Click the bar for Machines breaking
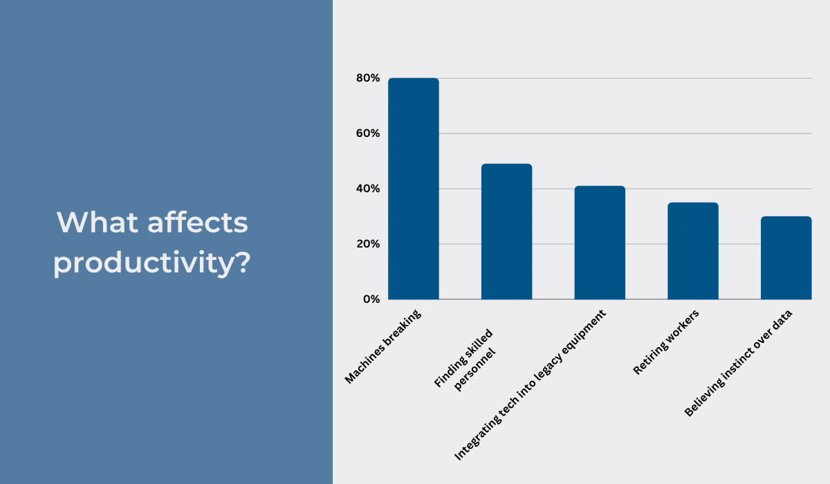point(413,188)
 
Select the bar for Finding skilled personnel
point(506,232)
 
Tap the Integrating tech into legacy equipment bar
point(600,243)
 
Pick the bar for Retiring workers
point(692,251)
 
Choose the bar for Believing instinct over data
point(786,258)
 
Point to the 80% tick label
point(368,78)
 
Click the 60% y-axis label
point(368,133)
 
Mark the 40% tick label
point(368,189)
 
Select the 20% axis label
point(368,244)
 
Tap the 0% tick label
point(371,299)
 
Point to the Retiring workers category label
point(666,343)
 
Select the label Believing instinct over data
point(738,364)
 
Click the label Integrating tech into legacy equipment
point(530,385)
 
